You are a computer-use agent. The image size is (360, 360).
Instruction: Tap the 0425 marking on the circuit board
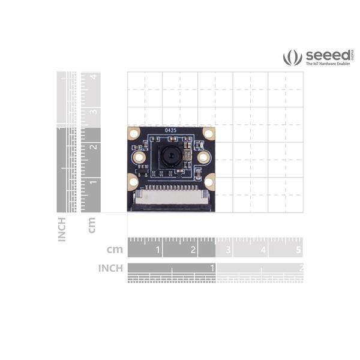click(x=170, y=130)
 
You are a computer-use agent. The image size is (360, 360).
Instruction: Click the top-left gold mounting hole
click(x=133, y=133)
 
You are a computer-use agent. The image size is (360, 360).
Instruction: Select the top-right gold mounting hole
click(x=208, y=133)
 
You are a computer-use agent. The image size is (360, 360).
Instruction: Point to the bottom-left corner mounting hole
click(x=133, y=179)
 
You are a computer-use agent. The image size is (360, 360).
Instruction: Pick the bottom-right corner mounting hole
click(x=209, y=179)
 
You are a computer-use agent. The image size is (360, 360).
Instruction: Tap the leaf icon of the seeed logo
click(x=293, y=58)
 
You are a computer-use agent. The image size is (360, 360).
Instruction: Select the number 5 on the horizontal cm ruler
click(x=299, y=250)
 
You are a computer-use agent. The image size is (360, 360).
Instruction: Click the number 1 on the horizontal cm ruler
click(x=158, y=250)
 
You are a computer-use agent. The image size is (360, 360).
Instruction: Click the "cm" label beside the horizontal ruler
click(x=115, y=250)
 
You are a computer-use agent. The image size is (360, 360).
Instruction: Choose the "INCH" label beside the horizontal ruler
click(x=111, y=268)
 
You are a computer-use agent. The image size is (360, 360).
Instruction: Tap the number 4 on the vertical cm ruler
click(x=92, y=77)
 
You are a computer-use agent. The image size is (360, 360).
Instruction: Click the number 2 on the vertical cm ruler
click(x=92, y=147)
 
